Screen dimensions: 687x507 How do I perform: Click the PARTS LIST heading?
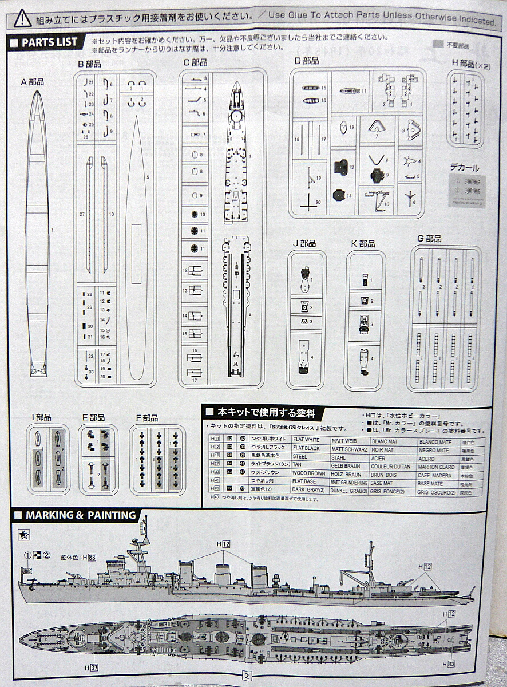click(x=43, y=42)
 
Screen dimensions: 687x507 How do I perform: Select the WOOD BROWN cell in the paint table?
click(x=309, y=473)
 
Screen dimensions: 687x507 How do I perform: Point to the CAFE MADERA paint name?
click(x=434, y=474)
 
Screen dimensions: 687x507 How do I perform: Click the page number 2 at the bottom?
click(x=247, y=676)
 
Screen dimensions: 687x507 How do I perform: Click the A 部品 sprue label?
click(x=33, y=82)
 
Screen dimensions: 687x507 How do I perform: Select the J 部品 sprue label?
click(x=304, y=243)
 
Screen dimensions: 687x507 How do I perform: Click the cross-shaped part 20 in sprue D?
click(x=309, y=202)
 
